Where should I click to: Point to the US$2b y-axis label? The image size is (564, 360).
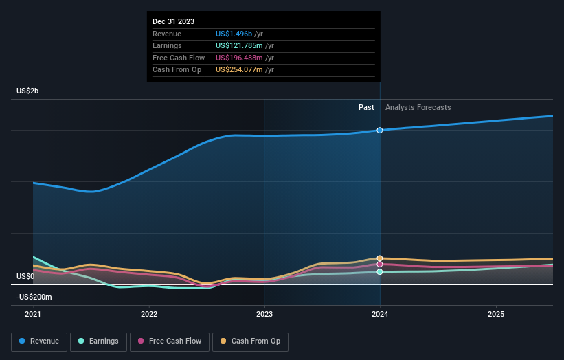(27, 91)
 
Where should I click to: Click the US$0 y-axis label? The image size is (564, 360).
(25, 276)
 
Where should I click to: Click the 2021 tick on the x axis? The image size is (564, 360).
(33, 314)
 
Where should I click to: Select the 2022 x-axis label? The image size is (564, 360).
(149, 314)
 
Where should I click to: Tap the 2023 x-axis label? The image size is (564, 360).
(264, 314)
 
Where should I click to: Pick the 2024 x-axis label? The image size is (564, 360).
(380, 314)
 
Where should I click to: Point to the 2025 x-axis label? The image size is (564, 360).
(496, 314)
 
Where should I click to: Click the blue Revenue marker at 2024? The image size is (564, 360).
(380, 130)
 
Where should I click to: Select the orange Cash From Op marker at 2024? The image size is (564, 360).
(380, 258)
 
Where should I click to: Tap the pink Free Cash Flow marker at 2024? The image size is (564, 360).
(380, 264)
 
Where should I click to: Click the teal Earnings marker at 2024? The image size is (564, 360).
(380, 272)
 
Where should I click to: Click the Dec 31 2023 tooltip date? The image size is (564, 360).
(173, 21)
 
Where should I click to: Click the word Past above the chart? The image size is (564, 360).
(366, 107)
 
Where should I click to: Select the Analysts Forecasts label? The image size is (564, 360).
(418, 107)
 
